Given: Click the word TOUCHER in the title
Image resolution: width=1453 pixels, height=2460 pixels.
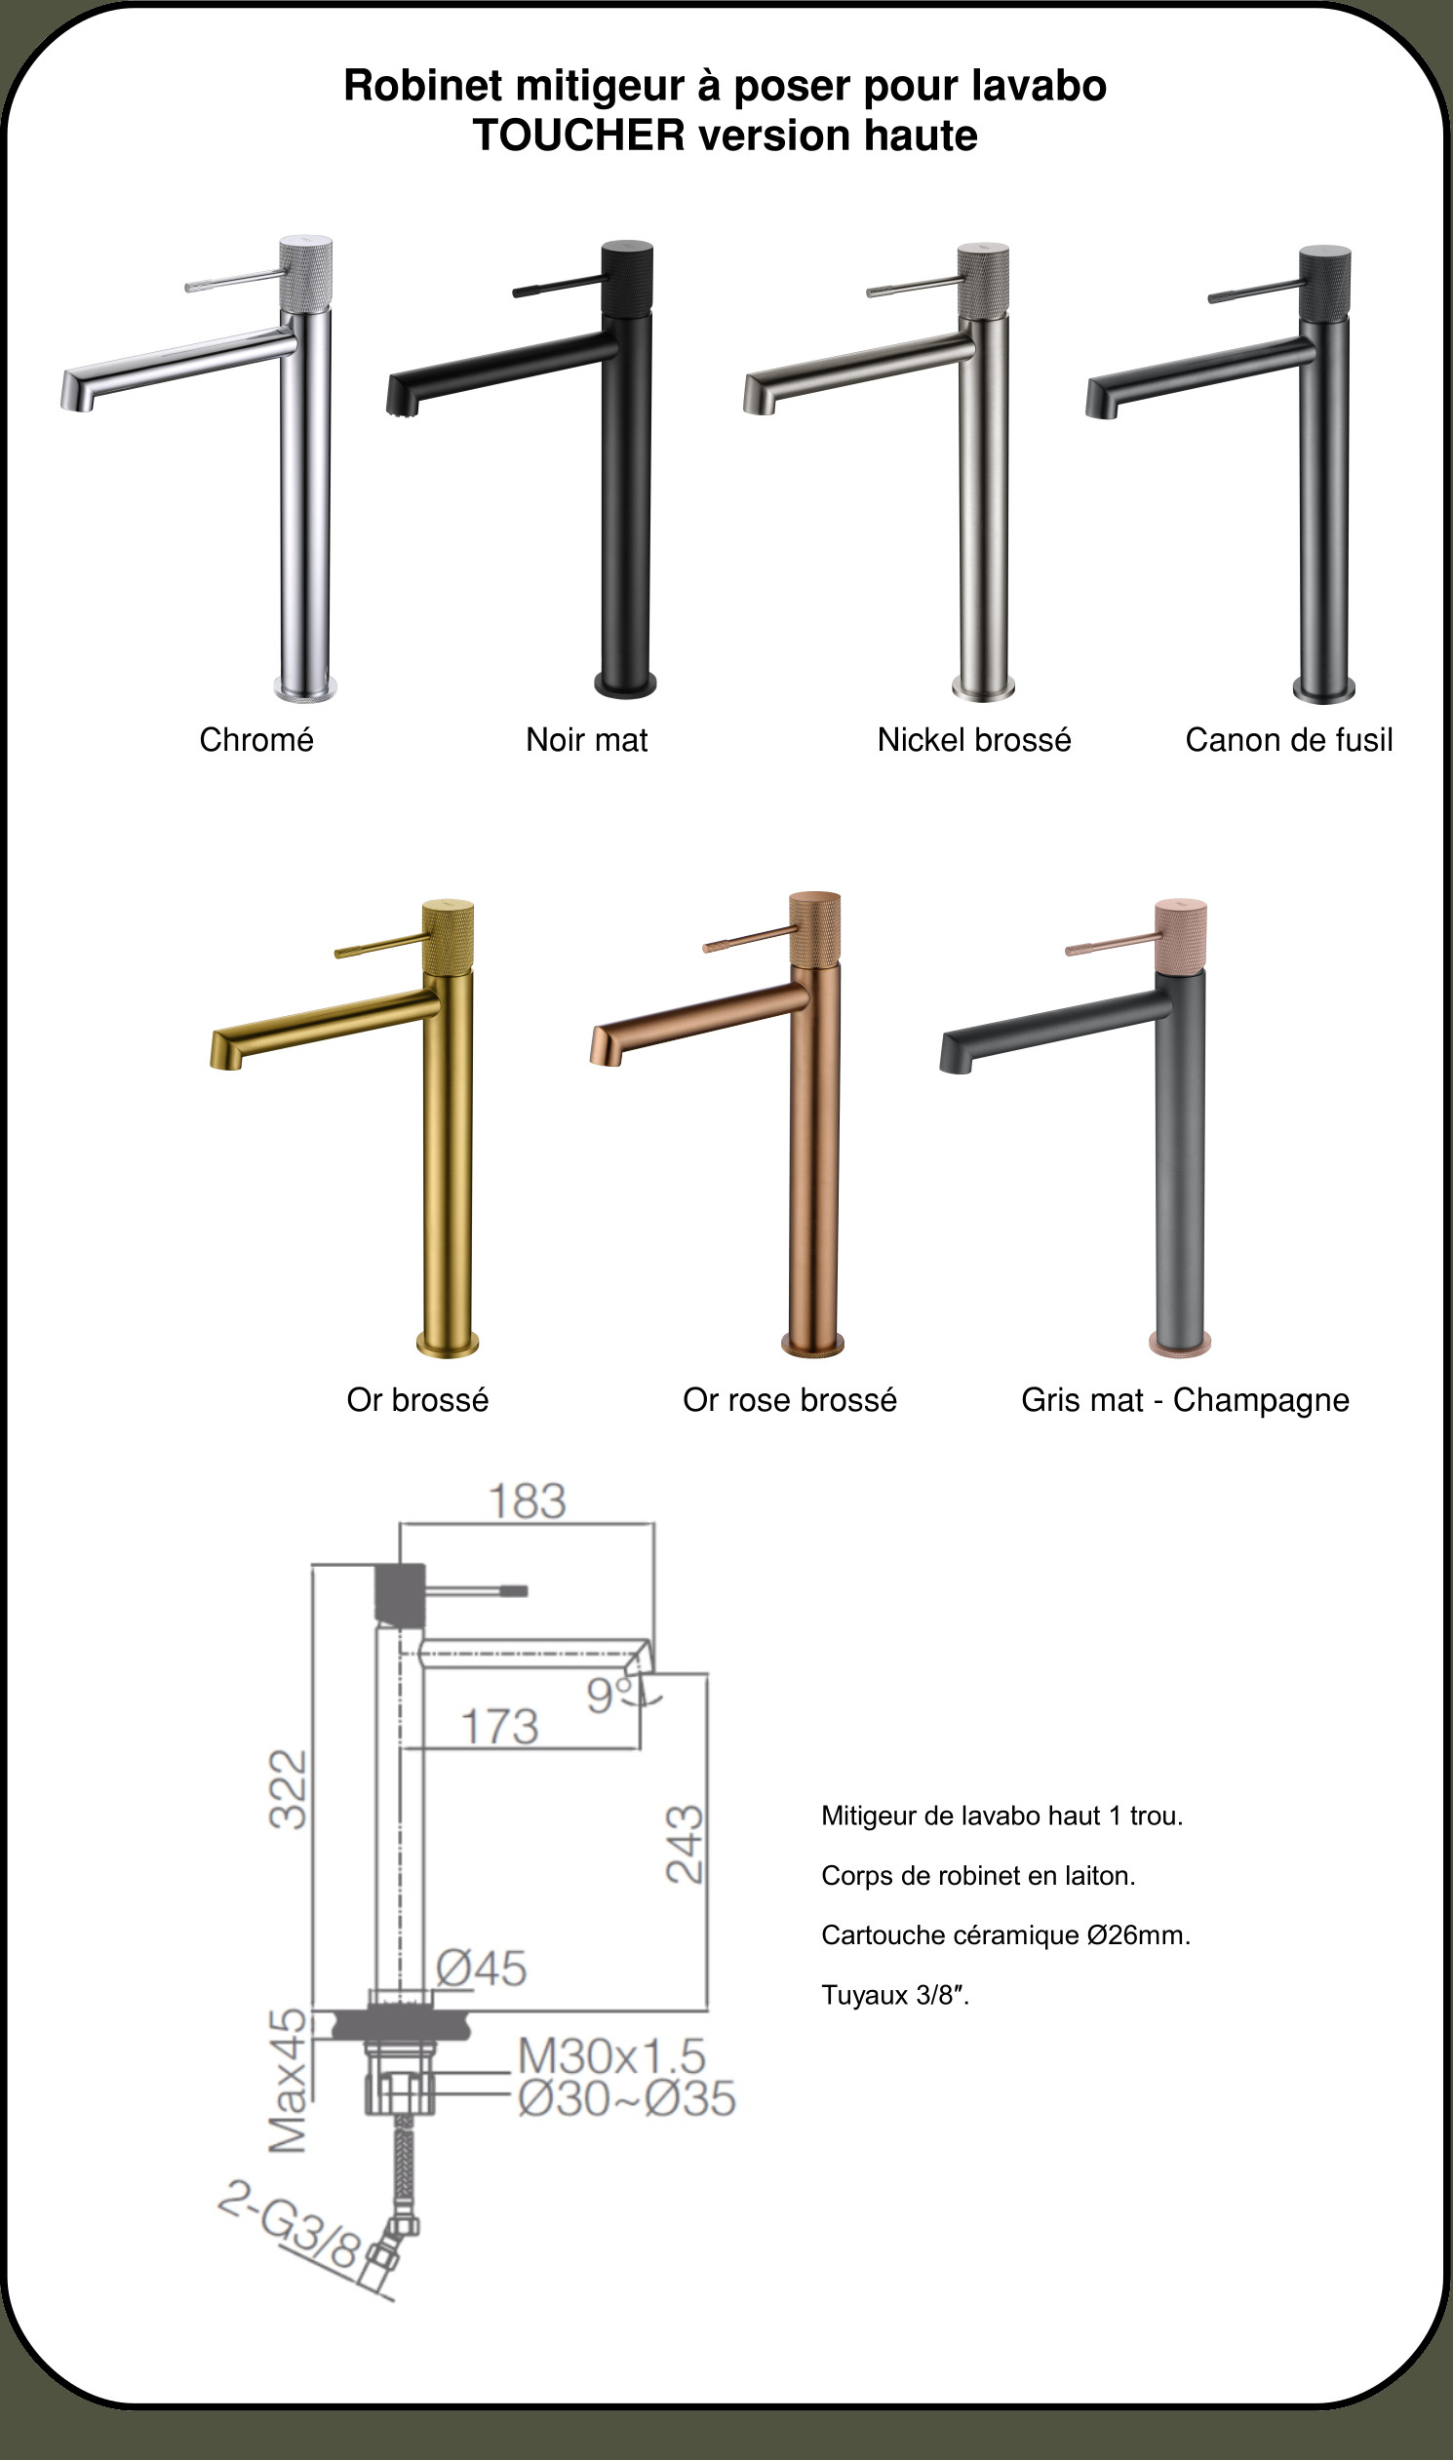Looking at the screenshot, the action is pos(578,136).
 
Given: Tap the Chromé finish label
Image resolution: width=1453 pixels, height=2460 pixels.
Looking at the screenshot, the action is pos(256,740).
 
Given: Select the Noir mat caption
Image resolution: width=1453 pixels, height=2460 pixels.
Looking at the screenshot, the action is pos(586,740).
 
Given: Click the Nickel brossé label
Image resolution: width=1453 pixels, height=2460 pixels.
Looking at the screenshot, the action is pos(974,740).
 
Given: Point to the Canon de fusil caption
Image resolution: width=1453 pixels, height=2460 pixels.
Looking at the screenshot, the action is pos(1289,740).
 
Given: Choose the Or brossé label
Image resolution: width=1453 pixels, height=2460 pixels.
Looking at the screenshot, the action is pos(418,1400).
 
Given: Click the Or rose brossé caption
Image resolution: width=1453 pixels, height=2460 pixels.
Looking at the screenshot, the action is pos(790,1400).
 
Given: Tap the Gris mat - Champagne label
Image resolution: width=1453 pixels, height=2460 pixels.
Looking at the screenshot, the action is pos(1186,1401).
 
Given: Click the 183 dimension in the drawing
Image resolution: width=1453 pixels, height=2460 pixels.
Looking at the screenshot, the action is pos(528,1502).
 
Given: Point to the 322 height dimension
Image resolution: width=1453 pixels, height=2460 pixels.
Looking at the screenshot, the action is pos(289,1789).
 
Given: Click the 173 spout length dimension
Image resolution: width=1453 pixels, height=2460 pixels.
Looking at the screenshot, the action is pos(499,1727).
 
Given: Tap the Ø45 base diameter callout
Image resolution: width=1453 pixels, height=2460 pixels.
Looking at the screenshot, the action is pos(482,1968).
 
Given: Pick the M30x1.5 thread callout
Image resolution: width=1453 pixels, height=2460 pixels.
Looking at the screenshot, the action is pos(612,2055).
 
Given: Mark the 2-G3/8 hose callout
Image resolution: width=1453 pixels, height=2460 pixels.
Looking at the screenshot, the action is pos(292,2224).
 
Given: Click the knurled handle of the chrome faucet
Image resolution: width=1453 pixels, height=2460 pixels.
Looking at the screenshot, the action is pos(305,274).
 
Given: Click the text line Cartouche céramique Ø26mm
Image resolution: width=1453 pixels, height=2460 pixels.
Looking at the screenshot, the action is pos(1005,1935).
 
